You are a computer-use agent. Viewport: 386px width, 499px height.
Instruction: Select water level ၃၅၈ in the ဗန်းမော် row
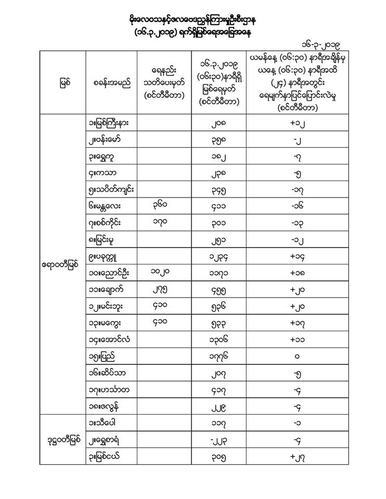(218, 140)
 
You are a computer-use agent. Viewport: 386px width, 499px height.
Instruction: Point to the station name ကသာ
(104, 174)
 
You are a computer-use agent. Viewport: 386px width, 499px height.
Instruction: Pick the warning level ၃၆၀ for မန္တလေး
(163, 206)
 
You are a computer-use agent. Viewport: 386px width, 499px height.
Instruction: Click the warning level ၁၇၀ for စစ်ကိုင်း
(163, 223)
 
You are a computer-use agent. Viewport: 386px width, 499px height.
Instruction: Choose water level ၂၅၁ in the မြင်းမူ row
(218, 240)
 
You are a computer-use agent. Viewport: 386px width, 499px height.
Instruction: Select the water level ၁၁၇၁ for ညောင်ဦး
(218, 273)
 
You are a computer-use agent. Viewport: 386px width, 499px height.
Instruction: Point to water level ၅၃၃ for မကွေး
(218, 323)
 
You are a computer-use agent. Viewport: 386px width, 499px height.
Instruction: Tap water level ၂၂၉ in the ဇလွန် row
(218, 406)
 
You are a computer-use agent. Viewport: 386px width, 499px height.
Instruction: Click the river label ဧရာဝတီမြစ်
(62, 265)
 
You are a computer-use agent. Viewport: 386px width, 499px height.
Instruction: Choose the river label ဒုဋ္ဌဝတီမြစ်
(62, 440)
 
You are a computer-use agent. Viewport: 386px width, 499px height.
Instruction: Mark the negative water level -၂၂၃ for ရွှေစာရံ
(218, 440)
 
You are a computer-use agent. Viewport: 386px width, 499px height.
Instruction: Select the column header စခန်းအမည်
(112, 83)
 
